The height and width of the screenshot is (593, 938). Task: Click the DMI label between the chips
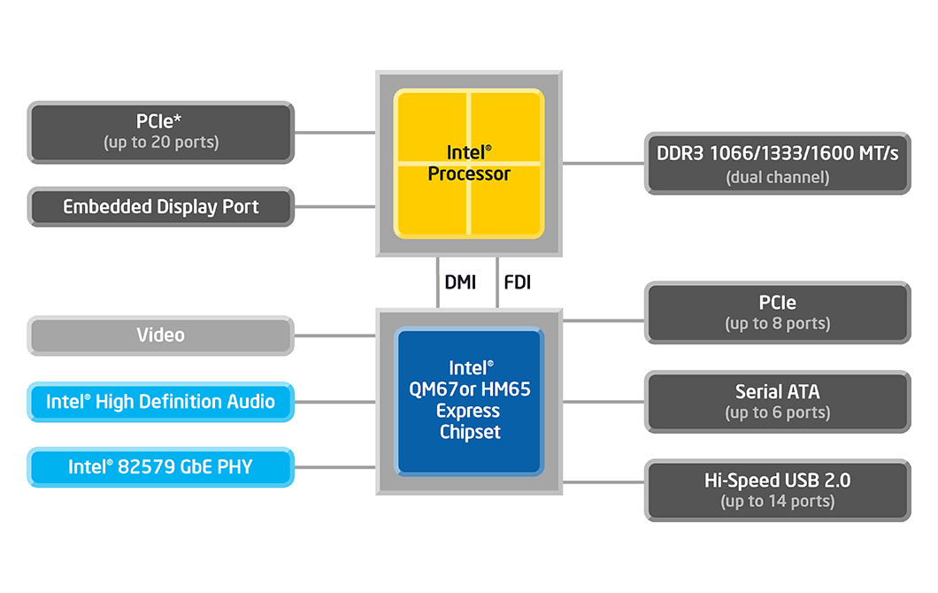460,281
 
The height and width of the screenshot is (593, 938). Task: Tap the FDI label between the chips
518,281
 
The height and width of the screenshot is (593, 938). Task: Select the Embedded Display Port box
161,207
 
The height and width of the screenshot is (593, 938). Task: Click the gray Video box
161,335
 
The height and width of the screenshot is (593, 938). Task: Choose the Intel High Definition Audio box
161,402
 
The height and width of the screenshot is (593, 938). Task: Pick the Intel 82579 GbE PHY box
161,467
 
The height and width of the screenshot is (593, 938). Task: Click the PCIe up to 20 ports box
161,132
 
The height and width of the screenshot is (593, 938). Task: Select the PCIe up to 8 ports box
778,313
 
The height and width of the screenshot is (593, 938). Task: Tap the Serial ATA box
778,402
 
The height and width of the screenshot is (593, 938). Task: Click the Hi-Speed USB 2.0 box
778,490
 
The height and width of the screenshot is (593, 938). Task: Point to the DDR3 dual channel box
778,164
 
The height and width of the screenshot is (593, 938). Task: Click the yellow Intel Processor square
469,164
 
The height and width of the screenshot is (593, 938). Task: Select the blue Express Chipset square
469,402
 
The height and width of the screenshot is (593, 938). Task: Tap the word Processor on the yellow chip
469,174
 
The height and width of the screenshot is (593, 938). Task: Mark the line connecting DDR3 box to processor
604,163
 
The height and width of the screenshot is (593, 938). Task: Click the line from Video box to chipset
335,335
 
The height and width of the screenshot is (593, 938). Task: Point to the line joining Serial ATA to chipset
604,402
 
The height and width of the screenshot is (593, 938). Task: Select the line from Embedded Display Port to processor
335,207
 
